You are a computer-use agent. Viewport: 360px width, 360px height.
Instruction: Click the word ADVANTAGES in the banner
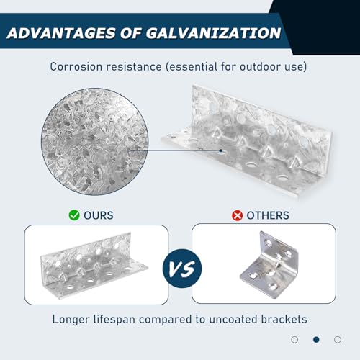(x=61, y=33)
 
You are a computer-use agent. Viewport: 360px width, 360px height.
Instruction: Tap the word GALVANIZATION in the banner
(x=213, y=33)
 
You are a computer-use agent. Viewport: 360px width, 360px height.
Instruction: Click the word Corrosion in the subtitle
(x=76, y=66)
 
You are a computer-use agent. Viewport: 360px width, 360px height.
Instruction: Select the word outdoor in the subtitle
(x=260, y=66)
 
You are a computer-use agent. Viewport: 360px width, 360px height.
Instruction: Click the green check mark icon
(x=74, y=215)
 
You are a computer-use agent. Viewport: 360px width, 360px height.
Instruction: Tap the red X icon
(x=237, y=215)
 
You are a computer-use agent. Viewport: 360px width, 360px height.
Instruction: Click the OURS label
(x=99, y=215)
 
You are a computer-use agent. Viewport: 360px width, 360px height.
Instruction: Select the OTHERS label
(x=268, y=215)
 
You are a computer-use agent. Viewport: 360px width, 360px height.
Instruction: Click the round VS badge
(x=182, y=269)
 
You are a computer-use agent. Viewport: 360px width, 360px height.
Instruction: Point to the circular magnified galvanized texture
(x=95, y=142)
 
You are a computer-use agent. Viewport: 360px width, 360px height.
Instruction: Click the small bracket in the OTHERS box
(x=269, y=264)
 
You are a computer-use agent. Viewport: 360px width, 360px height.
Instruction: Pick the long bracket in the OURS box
(x=94, y=265)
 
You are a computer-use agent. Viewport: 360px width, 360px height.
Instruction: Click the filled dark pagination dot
(x=316, y=340)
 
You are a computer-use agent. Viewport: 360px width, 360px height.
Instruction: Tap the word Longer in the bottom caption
(x=71, y=320)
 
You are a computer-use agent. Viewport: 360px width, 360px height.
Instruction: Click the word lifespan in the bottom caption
(x=114, y=320)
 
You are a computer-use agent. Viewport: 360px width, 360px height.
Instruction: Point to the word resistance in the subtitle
(x=134, y=66)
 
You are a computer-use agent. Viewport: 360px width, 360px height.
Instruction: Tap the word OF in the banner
(x=131, y=33)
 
